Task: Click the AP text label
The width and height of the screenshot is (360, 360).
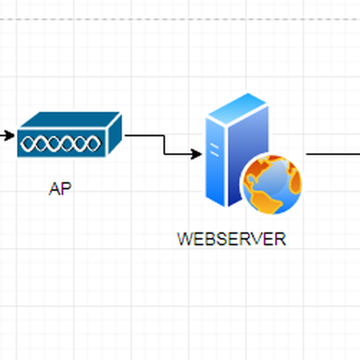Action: (61, 189)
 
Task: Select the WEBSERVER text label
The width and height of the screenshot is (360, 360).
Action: (232, 239)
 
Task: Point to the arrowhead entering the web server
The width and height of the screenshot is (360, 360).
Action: (197, 155)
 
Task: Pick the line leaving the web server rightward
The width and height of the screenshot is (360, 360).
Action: (333, 154)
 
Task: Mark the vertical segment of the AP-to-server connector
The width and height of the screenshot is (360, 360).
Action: (164, 145)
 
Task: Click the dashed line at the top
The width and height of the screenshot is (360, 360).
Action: (180, 19)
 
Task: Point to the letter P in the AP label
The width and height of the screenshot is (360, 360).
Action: (67, 189)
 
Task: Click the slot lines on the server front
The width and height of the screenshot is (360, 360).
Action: (214, 148)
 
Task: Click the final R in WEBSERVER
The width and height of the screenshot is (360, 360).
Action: (280, 239)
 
